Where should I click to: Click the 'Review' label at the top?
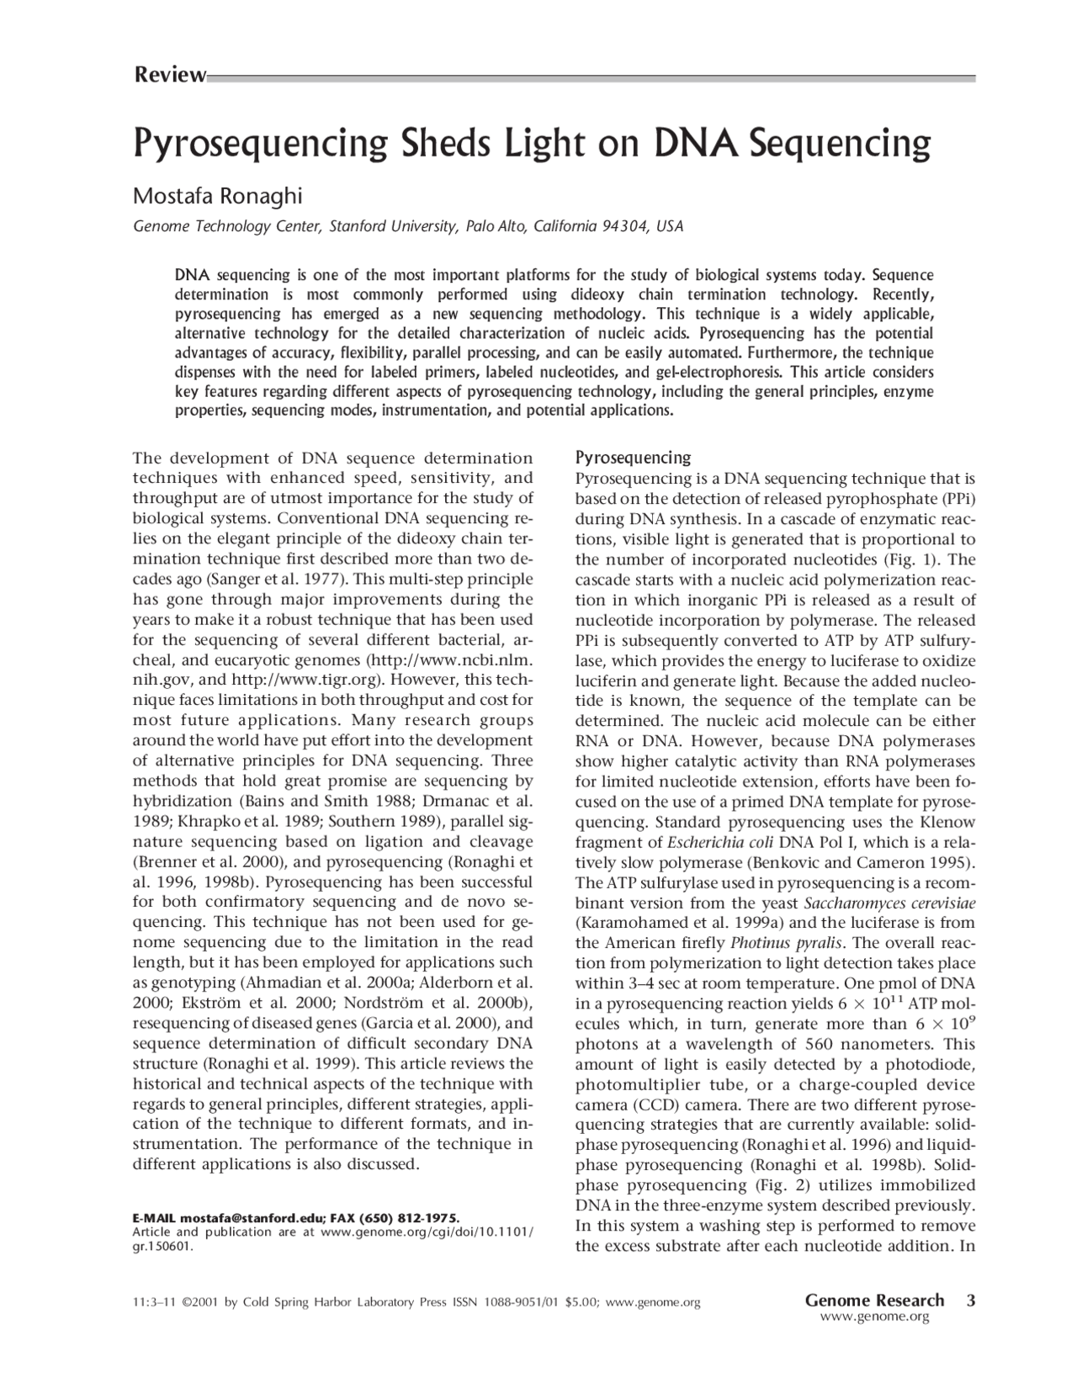169,76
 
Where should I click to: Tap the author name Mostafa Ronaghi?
217,196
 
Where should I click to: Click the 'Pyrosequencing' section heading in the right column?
632,458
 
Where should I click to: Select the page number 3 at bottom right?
971,1300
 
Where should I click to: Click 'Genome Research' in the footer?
874,1300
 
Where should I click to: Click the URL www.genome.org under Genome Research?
874,1317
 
